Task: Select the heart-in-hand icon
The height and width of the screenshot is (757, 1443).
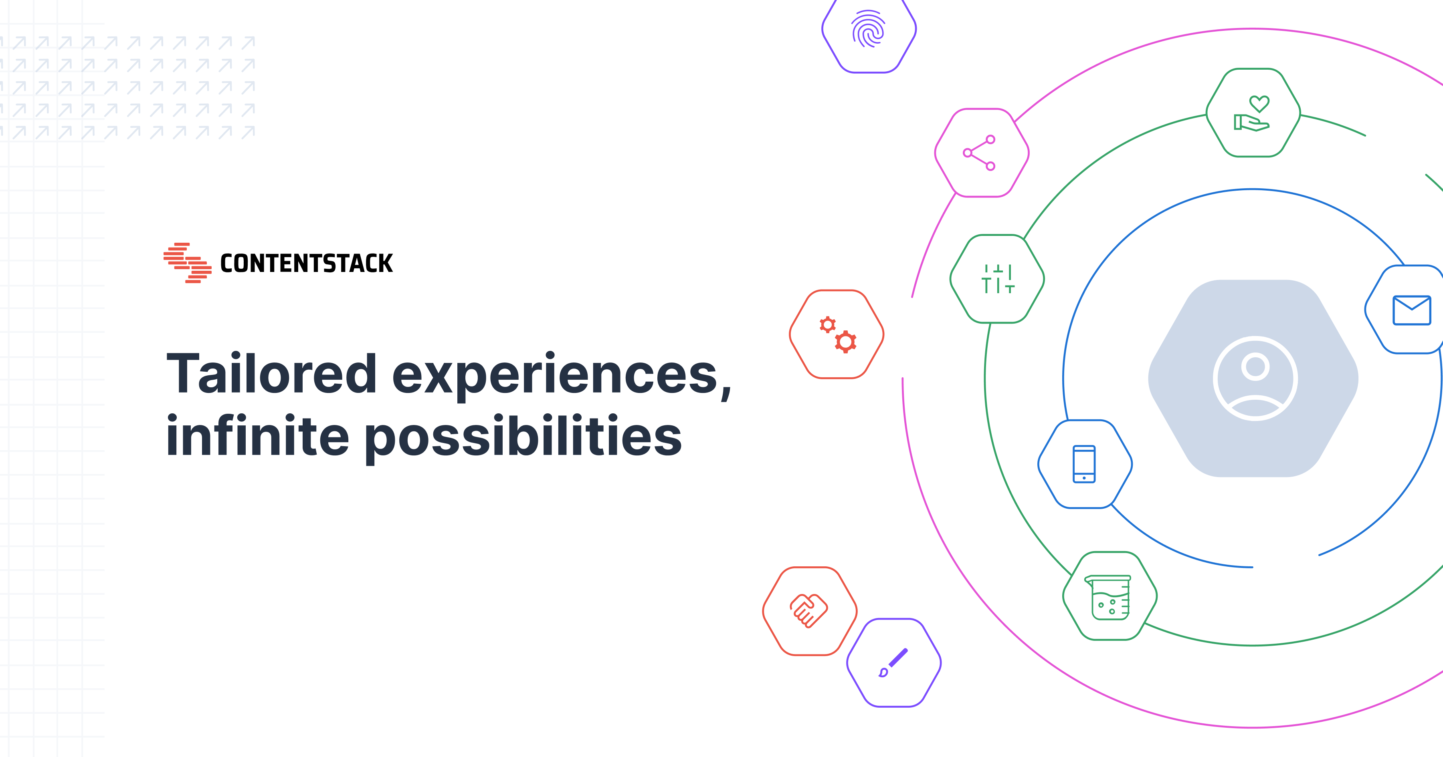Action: (1253, 114)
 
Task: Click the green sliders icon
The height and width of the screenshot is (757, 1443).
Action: (998, 279)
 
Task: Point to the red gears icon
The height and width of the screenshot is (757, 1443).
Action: (837, 334)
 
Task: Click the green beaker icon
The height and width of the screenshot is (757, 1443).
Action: (1110, 597)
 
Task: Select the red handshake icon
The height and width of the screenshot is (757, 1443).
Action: (808, 611)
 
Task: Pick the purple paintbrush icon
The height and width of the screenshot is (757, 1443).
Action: (893, 663)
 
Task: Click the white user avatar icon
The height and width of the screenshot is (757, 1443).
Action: (1255, 378)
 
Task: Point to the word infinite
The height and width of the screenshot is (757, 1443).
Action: (258, 436)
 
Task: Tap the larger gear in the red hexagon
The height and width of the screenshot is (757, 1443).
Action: (845, 342)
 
